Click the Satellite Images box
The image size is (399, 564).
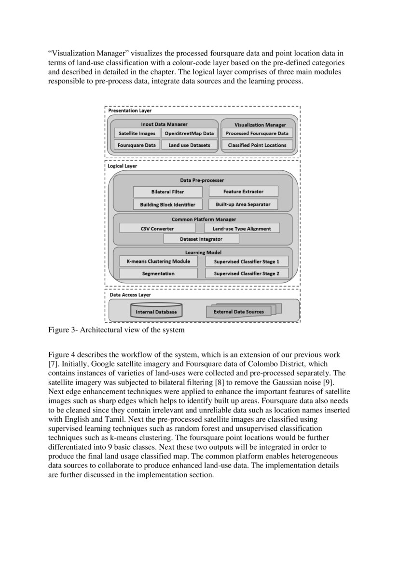[x=137, y=134]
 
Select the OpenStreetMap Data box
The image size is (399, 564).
[x=189, y=134]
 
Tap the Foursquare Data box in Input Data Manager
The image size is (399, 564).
[x=137, y=145]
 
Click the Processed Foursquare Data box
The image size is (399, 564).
[x=257, y=134]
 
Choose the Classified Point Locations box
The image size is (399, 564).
[x=257, y=145]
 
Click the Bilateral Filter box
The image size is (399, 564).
[x=167, y=192]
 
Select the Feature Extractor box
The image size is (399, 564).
[x=243, y=192]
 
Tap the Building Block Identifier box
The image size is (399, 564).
[x=167, y=205]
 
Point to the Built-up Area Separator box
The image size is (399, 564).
[x=243, y=204]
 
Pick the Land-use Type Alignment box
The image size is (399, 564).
[x=242, y=229]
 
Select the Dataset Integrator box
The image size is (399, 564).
[x=201, y=239]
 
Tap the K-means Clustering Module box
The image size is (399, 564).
[x=158, y=261]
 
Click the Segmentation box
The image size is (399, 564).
[x=158, y=274]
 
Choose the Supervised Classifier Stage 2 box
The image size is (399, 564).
[x=247, y=274]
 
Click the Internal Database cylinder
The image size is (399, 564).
[x=156, y=311]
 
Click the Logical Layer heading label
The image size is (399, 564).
[x=122, y=166]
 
